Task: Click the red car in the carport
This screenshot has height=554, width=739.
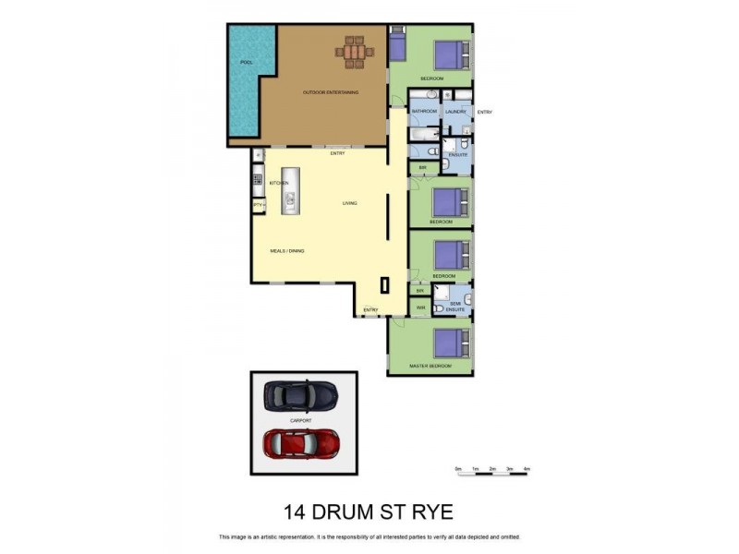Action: coord(301,443)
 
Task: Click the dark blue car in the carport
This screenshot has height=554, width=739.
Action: coord(301,396)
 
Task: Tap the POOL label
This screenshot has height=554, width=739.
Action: coord(247,62)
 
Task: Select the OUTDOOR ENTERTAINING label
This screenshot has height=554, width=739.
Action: coord(331,92)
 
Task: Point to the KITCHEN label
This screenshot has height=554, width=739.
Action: coord(279,183)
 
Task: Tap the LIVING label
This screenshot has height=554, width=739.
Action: coord(350,203)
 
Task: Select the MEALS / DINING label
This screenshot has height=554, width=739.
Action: coord(287,250)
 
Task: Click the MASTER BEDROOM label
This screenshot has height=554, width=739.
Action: coord(431,367)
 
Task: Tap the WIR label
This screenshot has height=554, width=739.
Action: coord(420,307)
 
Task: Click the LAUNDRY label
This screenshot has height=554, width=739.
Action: coord(456,112)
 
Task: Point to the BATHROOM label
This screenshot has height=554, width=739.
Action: coord(424,112)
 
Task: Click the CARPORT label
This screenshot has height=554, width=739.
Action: coord(301,420)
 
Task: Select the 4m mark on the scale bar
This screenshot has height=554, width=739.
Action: coord(527,470)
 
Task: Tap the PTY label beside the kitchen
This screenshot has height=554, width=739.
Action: coord(258,204)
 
